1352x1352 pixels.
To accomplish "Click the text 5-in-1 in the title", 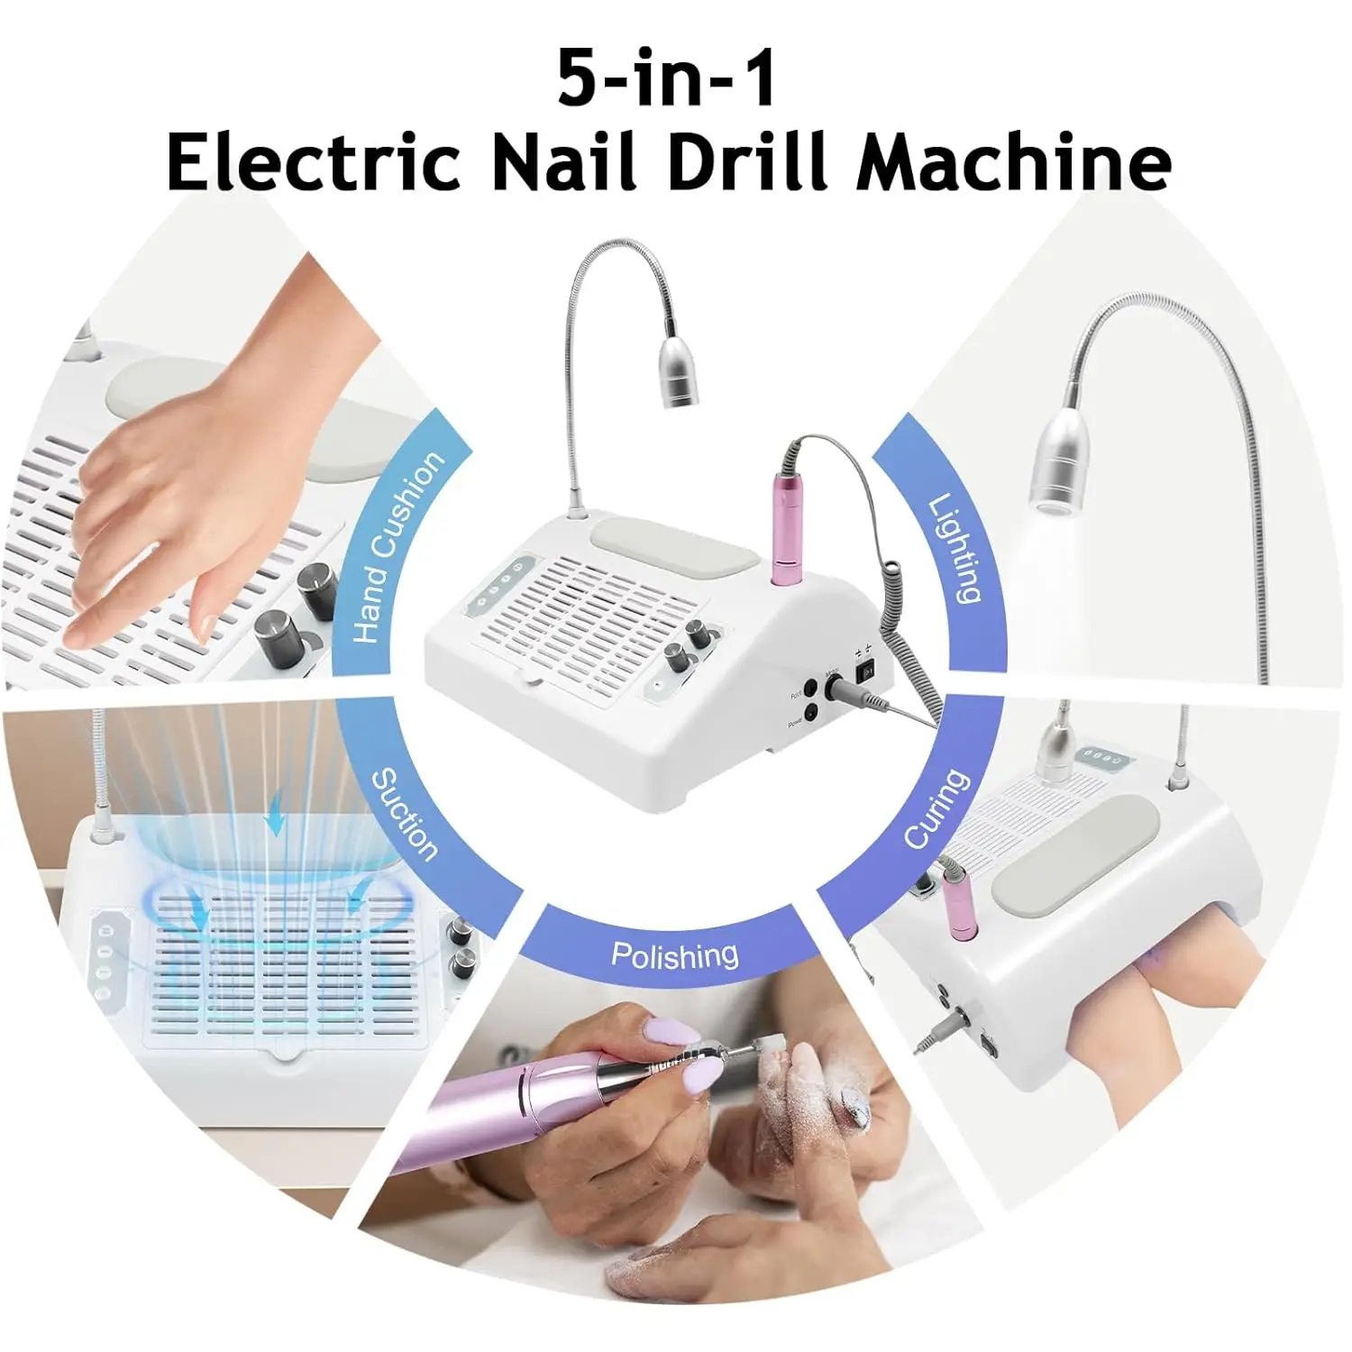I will [666, 78].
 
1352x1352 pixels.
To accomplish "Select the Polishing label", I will [674, 954].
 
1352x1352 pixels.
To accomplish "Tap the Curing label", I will [937, 808].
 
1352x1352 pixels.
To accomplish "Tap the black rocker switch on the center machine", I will [867, 672].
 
